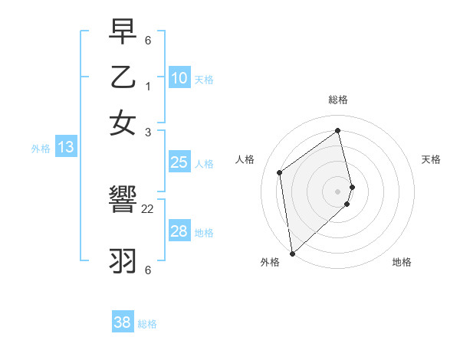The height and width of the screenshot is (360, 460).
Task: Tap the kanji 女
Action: [x=122, y=123]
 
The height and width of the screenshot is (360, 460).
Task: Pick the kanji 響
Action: [x=122, y=201]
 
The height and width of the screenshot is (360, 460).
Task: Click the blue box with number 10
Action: [x=179, y=78]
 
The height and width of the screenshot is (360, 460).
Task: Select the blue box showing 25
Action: [x=179, y=162]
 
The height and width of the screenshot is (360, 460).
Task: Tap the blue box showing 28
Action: [x=179, y=231]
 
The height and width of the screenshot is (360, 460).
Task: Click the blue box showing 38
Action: [x=122, y=322]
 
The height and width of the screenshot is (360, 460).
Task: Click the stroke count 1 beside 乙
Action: [x=147, y=87]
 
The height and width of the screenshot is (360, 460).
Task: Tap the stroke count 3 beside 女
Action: [x=147, y=133]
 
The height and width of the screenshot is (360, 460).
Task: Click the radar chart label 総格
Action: [x=338, y=100]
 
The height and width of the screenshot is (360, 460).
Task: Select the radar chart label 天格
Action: [x=431, y=159]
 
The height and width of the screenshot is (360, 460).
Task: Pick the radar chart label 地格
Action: [x=402, y=262]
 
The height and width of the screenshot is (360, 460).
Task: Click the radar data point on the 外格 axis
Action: [x=292, y=253]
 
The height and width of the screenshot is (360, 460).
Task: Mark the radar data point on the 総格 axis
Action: [x=338, y=131]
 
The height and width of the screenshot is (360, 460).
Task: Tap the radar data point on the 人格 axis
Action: [x=280, y=172]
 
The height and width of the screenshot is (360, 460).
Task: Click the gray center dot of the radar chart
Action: [x=338, y=191]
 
